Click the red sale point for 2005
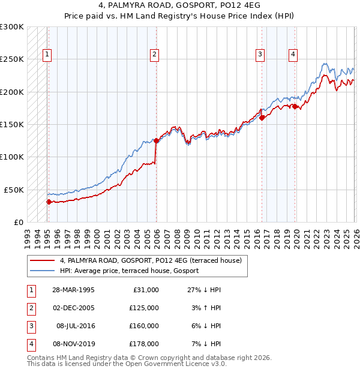(156, 140)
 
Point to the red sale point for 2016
(262, 118)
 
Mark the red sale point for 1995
(49, 202)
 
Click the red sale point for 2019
(295, 106)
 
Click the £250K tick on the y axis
(13, 59)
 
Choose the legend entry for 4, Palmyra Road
(150, 260)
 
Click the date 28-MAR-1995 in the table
(73, 290)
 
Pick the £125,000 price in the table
(144, 308)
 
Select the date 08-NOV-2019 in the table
(73, 344)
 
